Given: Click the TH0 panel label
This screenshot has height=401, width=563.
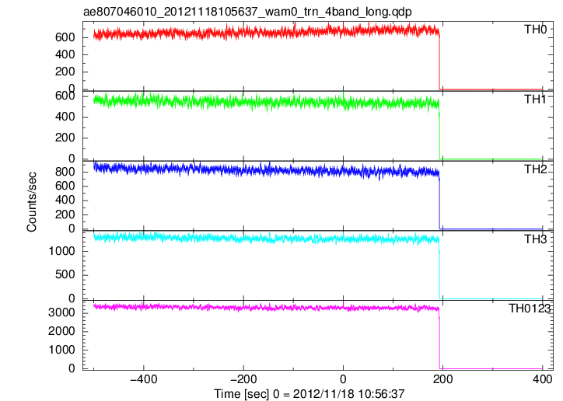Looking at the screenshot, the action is click(535, 30).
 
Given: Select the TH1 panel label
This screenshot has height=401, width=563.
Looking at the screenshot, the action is click(535, 99).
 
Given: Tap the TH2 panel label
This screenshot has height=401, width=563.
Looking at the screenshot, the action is click(535, 169).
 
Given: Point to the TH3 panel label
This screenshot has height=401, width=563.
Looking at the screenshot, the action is click(535, 239).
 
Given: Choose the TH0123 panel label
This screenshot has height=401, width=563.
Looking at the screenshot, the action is click(530, 309).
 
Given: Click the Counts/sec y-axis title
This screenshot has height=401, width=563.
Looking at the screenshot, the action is click(32, 202).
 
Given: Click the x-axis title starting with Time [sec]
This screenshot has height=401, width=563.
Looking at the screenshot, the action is click(309, 394).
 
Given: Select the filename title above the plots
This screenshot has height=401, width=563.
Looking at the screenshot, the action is click(247, 12).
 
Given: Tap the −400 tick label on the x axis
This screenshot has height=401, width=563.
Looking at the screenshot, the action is click(143, 379).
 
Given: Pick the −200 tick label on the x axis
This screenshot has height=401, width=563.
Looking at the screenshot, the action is click(243, 379).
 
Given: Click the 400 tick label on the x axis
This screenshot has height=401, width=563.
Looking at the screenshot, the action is click(542, 379).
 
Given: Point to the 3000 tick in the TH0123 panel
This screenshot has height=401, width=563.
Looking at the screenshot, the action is click(61, 312).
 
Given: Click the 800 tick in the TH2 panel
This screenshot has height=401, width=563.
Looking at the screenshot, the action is click(65, 172).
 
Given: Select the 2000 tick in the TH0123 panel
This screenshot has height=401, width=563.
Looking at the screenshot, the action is click(61, 331).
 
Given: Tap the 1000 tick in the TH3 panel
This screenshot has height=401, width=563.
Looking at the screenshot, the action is click(61, 251).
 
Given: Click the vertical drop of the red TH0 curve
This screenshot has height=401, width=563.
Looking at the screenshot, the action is click(439, 61).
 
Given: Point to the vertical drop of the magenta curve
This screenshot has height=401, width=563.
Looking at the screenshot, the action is click(439, 340).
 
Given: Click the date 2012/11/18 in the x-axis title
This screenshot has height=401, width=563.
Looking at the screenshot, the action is click(320, 394).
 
